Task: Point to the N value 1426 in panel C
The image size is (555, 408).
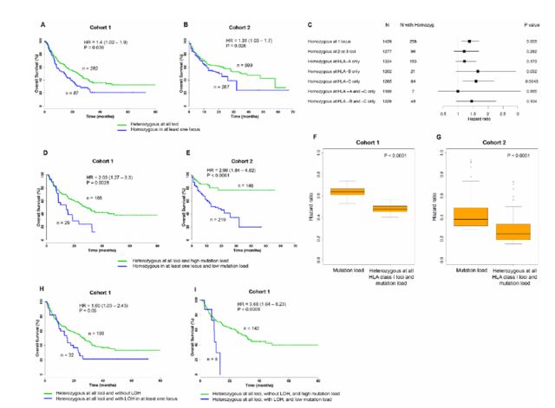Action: tap(399, 41)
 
